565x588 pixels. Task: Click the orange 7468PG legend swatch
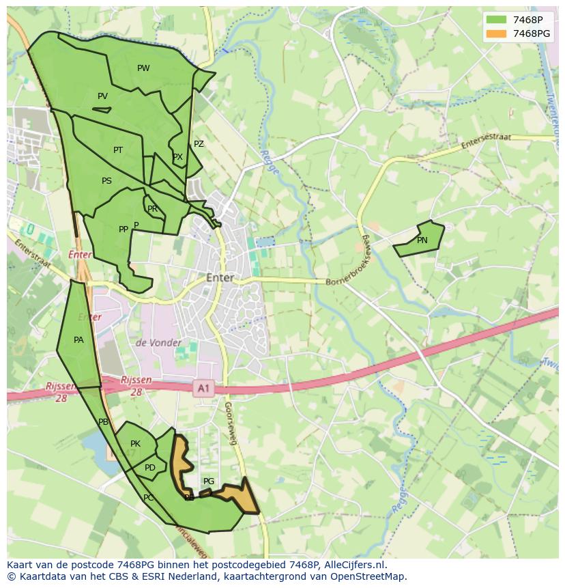coord(497,33)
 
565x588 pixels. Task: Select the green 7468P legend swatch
coord(497,19)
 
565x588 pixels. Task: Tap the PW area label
coord(143,68)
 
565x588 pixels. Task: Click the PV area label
coord(102,96)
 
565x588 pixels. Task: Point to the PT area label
coord(118,150)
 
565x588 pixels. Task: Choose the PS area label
coord(106,181)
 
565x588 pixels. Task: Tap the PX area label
coord(177,157)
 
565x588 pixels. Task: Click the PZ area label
coord(199,144)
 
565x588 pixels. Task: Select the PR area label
coord(152,209)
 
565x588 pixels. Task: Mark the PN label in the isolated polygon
coord(422,240)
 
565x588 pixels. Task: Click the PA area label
coord(78,340)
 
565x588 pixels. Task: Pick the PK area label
coord(135,444)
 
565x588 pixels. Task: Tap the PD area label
coord(150,468)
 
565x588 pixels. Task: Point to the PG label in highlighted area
coord(209,481)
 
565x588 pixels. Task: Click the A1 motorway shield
coord(203,388)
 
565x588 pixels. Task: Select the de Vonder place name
coord(158,343)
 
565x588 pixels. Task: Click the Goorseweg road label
coord(230,423)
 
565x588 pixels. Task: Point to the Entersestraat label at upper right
coord(486,141)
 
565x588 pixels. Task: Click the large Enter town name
coord(220,278)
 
